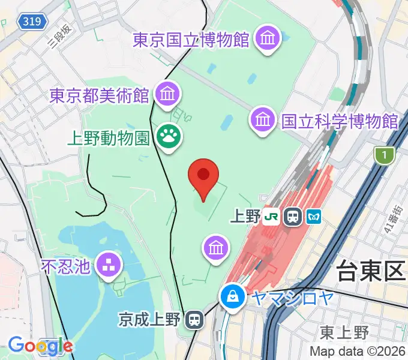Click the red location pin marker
(203, 176)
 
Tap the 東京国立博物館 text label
(191, 40)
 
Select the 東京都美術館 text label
(100, 95)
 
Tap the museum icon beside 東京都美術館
(167, 93)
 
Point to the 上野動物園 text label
(108, 139)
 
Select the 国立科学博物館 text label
(340, 121)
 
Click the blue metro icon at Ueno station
(313, 217)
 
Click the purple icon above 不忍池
(110, 263)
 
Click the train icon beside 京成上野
(194, 319)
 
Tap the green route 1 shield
(383, 156)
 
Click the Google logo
(40, 345)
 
